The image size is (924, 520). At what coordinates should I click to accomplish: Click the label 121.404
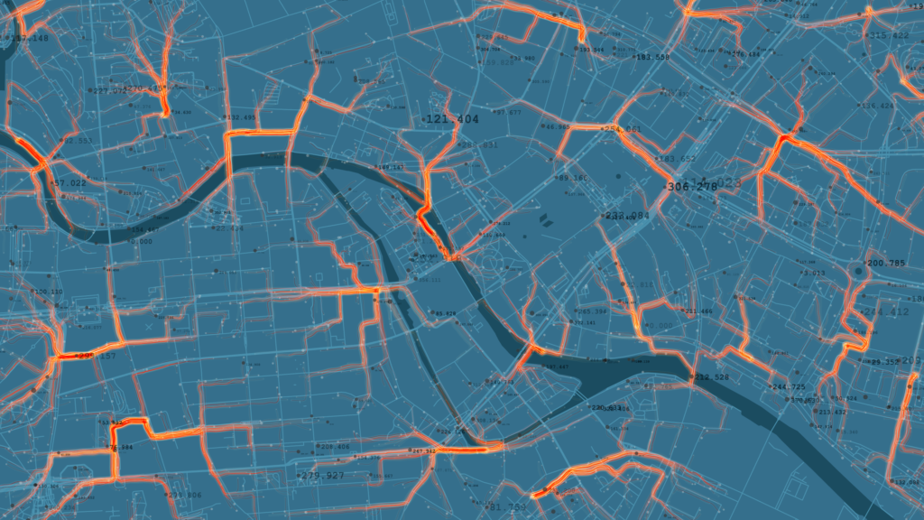pos(453,119)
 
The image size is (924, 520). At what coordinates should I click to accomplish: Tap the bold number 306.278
pos(691,187)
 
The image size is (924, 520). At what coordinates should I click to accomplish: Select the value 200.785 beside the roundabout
pos(885,264)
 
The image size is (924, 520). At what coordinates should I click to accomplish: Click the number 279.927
pos(322,475)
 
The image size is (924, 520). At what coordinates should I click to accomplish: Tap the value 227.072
pos(110,91)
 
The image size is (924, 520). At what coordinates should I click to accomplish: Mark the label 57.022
pos(69,183)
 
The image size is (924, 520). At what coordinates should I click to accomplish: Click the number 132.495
pos(240,117)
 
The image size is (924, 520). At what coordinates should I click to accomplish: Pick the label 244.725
pos(789,387)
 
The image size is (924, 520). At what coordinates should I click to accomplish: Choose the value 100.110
pos(49,292)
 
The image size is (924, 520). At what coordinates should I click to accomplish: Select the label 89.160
pos(573,178)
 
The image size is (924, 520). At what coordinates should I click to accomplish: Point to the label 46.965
pos(558,127)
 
